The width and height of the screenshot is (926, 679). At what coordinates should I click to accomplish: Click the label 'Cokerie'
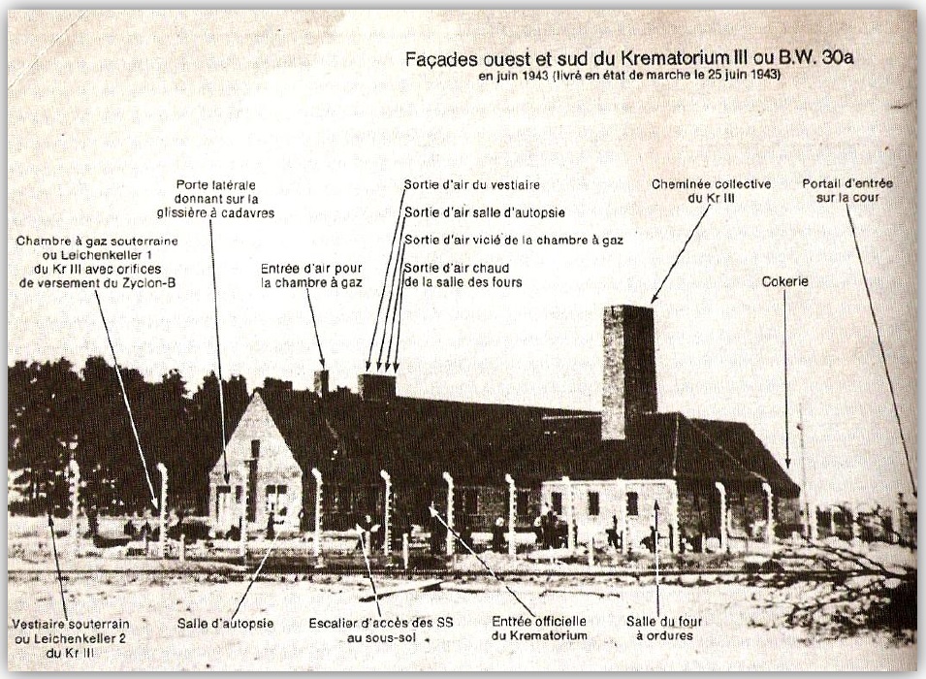[x=784, y=281]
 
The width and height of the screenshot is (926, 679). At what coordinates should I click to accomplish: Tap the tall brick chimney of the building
[x=627, y=369]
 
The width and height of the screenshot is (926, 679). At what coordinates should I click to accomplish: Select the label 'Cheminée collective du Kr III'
[x=711, y=190]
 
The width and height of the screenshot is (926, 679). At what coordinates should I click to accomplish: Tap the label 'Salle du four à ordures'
[x=664, y=628]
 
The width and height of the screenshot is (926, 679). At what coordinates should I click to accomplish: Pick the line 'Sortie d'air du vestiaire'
[x=472, y=184]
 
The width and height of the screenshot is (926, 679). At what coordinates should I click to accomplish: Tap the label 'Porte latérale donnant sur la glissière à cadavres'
[x=225, y=198]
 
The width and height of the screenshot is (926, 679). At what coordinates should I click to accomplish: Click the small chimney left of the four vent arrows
[x=321, y=382]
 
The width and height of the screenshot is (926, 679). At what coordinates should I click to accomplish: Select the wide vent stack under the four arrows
[x=376, y=386]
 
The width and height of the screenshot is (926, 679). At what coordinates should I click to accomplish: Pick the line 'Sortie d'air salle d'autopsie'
[x=485, y=211]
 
